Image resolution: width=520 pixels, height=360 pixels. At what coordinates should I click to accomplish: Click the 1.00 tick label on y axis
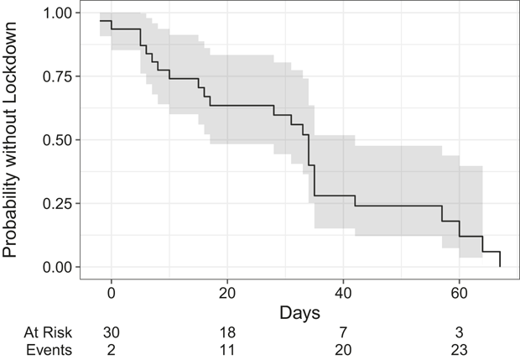tap(57, 13)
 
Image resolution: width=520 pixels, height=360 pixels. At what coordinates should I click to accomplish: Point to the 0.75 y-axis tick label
tap(57, 76)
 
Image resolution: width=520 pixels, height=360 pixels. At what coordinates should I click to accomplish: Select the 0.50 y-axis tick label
tap(57, 139)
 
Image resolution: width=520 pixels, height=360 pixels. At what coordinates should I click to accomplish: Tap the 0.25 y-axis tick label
tap(57, 203)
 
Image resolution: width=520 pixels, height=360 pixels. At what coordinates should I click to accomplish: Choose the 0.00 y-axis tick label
tap(57, 267)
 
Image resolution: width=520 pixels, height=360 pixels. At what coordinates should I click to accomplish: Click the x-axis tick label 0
tap(112, 294)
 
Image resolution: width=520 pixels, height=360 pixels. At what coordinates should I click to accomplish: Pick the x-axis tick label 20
tap(227, 294)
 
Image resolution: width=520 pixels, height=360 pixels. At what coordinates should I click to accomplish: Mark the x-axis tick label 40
tap(343, 294)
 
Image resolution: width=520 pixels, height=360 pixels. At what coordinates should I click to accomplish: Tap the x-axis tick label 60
tap(460, 294)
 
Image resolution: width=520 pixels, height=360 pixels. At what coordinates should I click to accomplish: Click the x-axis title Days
tap(299, 313)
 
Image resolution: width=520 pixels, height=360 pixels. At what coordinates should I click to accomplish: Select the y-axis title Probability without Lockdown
tap(9, 139)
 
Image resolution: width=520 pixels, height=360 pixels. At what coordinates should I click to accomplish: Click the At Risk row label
tap(48, 332)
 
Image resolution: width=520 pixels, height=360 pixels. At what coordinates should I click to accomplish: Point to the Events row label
tap(49, 350)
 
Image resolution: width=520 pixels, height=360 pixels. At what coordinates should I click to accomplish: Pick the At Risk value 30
tap(112, 332)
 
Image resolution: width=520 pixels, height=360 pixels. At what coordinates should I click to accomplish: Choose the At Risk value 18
tap(227, 332)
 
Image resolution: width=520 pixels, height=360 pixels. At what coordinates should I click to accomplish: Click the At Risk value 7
tap(343, 332)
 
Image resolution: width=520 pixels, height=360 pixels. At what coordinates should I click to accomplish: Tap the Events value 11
tap(227, 350)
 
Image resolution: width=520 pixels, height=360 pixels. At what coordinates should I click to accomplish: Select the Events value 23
tap(460, 350)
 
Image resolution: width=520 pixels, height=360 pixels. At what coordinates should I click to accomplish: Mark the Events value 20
tap(343, 350)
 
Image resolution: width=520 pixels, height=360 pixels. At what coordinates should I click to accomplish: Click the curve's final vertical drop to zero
tap(500, 259)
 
